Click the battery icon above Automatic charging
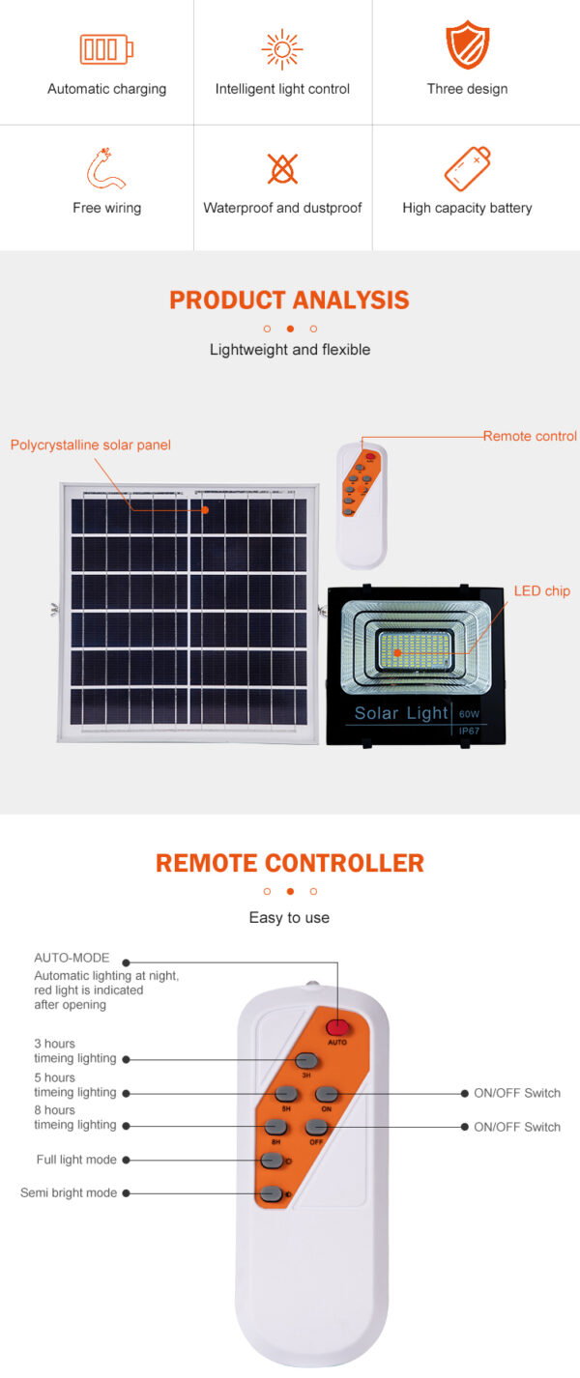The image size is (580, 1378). pos(106,49)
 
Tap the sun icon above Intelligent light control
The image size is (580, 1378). pos(282,49)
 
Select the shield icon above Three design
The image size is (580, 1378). pos(467,46)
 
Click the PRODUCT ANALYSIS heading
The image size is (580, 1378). pos(289,300)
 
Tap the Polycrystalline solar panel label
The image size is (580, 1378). pos(91,445)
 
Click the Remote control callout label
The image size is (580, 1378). pos(530,437)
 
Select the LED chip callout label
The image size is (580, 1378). pos(541,591)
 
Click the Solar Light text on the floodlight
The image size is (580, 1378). pos(401,713)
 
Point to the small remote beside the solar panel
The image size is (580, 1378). pos(361,504)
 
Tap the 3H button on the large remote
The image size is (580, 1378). pos(306,1060)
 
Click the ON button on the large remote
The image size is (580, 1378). pos(326,1094)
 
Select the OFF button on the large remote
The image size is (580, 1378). pos(316,1127)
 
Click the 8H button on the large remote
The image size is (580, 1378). pos(276,1127)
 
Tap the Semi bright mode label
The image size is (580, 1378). pos(69,1193)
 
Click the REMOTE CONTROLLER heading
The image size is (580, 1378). pos(289,863)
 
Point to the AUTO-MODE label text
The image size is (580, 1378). pos(72,959)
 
